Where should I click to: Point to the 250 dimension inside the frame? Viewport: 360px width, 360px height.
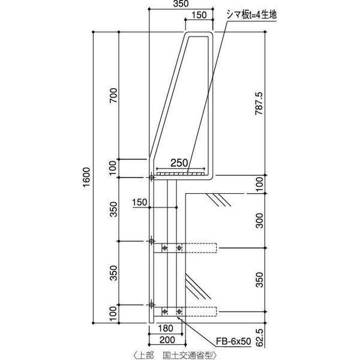pos(179,163)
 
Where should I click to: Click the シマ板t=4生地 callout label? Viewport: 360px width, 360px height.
pos(249,14)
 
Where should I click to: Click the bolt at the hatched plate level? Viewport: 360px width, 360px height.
pos(151,177)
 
